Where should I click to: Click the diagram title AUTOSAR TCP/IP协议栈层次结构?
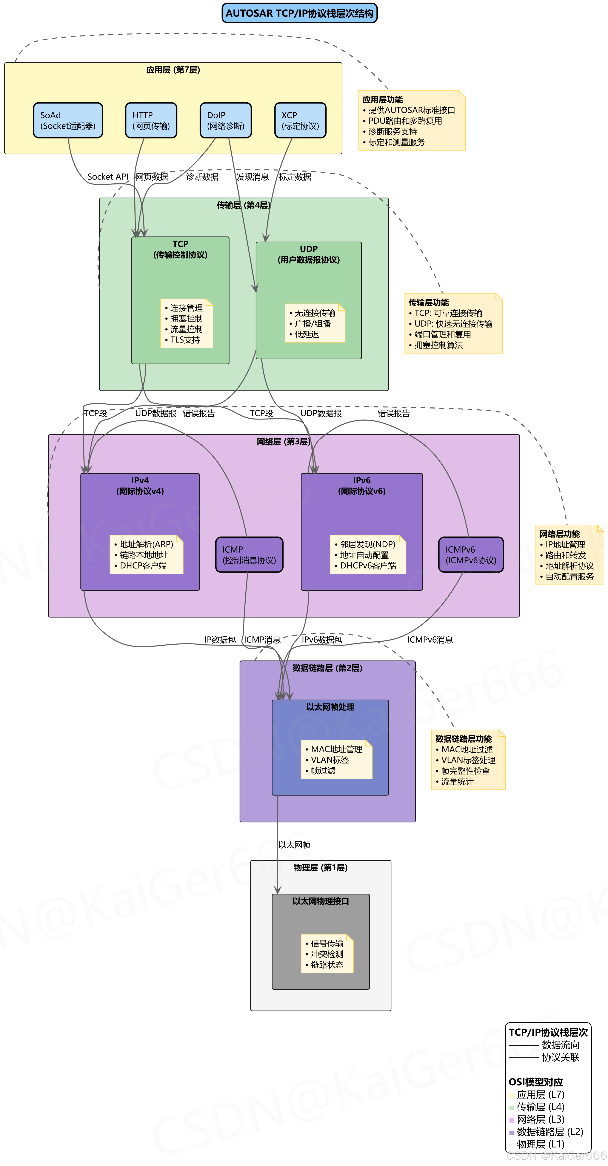299,13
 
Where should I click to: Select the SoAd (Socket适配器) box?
68,120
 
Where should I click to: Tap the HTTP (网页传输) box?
151,120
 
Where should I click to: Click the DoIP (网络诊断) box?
225,120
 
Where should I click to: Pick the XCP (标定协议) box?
300,120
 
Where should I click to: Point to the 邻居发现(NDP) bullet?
368,544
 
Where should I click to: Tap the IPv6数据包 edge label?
322,640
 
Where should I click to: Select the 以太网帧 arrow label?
294,845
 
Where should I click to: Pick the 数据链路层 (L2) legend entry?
550,1132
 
